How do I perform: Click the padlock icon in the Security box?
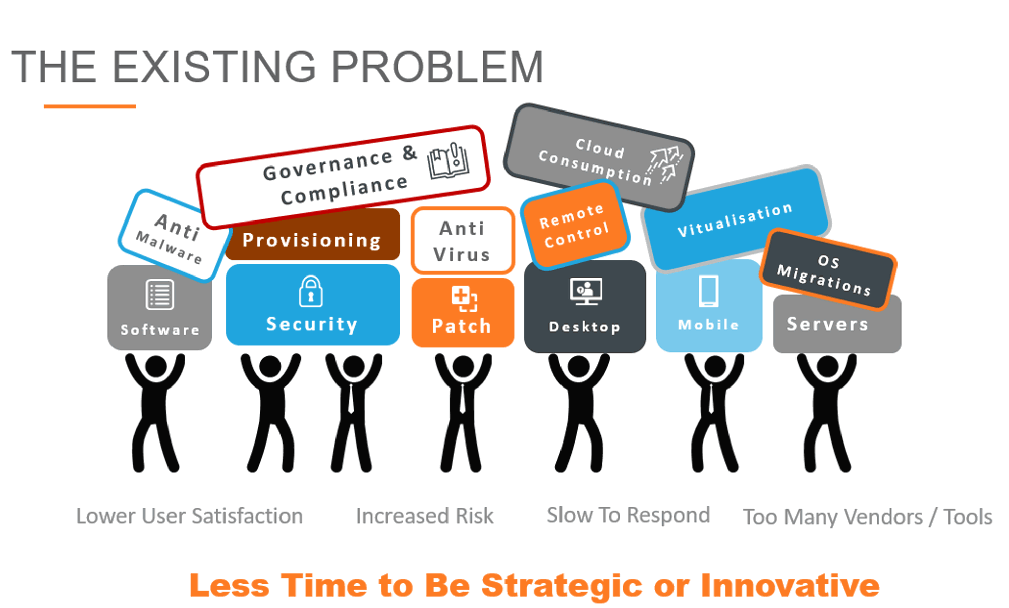311,291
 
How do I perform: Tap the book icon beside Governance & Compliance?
448,161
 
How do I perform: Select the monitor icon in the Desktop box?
586,291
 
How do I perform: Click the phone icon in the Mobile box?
708,291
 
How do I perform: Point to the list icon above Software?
160,294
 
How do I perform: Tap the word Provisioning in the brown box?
312,240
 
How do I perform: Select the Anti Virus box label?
462,241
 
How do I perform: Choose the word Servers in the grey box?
827,324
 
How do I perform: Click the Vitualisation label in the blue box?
735,219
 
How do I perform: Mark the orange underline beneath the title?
90,106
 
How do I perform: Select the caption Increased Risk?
425,516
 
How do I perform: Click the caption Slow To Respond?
629,515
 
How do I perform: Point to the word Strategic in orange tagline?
562,586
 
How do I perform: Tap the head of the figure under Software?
156,366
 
